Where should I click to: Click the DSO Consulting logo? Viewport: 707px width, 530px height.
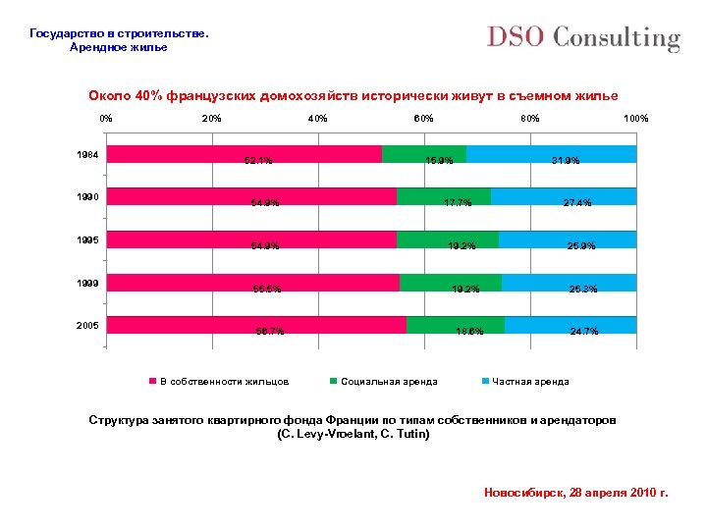[583, 38]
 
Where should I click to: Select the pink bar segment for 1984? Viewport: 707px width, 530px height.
[244, 153]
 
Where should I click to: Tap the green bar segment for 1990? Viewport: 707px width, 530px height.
[443, 196]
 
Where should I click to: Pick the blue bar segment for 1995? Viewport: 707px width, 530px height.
[567, 238]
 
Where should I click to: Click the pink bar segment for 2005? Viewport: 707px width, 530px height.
[256, 325]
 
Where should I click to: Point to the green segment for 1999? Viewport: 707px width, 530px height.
[450, 283]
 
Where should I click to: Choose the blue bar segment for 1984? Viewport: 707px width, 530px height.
[551, 153]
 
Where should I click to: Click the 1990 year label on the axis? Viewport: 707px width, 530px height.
[87, 197]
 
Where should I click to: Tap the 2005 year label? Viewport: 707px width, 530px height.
[87, 326]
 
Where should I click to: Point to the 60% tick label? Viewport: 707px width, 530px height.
[423, 119]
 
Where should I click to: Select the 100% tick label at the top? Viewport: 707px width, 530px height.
[635, 119]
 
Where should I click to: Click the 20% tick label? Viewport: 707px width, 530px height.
[211, 119]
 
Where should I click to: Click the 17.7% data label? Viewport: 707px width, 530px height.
[459, 204]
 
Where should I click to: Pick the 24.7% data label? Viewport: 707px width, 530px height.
[584, 332]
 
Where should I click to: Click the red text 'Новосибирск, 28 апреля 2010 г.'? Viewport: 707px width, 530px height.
[575, 492]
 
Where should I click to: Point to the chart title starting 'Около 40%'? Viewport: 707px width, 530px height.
[353, 95]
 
